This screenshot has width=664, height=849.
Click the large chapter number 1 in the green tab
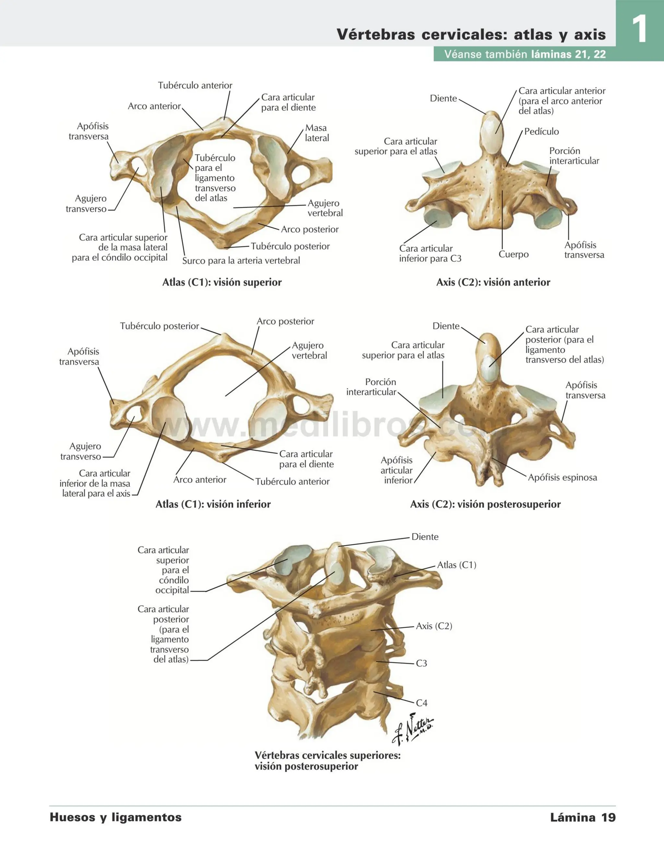point(639,29)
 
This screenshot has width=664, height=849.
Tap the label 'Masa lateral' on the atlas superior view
point(316,133)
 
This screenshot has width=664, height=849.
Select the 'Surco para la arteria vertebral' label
point(241,261)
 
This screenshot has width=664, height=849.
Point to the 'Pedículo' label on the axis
point(541,131)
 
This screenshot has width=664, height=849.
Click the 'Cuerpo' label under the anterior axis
point(514,254)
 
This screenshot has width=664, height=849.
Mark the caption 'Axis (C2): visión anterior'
point(493,282)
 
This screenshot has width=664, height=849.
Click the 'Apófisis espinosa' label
point(562,477)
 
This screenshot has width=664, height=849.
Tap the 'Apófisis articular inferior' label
point(397,470)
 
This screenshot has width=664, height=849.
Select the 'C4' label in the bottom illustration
point(421,703)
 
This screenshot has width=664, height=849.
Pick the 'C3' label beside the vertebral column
point(421,663)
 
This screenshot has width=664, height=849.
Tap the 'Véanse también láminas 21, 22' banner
point(525,54)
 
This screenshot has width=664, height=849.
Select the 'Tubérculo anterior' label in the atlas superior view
point(195,85)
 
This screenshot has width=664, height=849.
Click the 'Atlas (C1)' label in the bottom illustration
point(456,565)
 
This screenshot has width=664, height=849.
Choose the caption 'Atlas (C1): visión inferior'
point(213,504)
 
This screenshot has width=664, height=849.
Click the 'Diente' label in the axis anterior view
point(443,98)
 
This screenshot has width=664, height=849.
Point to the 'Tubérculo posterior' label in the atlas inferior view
point(160,326)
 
